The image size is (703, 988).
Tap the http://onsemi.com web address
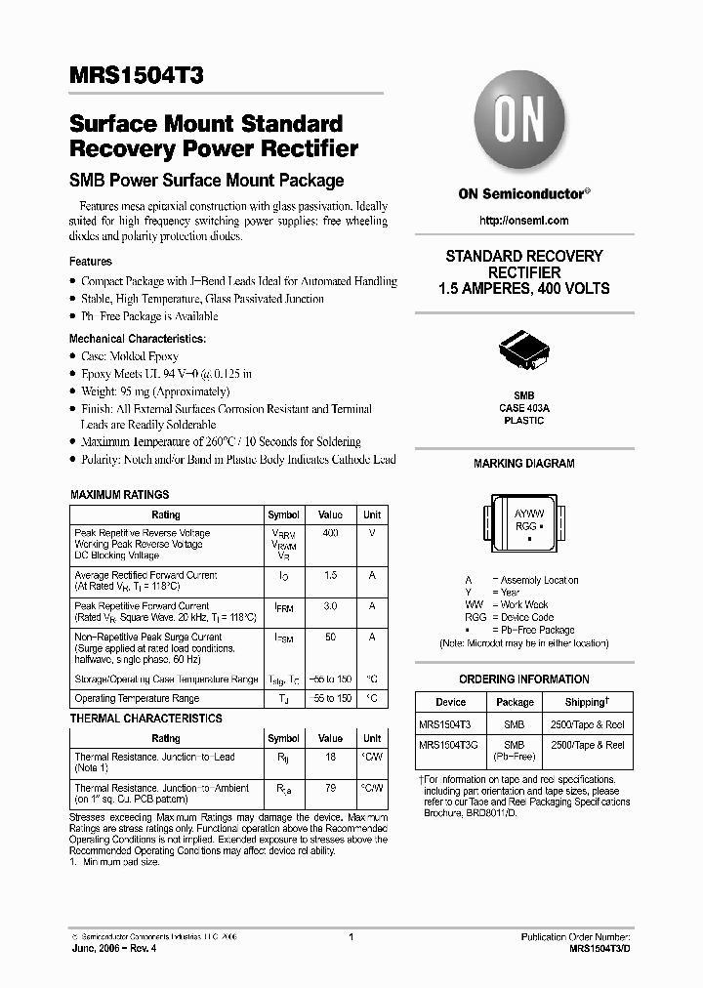523,222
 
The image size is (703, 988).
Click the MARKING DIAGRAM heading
524,464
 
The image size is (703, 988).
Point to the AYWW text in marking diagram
528,513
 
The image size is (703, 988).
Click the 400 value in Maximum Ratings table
330,533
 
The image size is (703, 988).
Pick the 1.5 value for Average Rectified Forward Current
330,576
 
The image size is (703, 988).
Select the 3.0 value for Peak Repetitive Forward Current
330,606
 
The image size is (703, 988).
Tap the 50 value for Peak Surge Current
330,637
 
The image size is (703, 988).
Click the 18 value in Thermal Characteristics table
330,757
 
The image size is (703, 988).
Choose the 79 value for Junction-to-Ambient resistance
330,788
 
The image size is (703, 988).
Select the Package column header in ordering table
515,702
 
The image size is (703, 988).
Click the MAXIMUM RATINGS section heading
120,495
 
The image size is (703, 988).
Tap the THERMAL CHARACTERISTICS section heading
145,719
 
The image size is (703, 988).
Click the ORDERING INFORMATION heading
524,679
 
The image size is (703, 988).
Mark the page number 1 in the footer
351,937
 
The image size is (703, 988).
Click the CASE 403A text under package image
524,407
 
